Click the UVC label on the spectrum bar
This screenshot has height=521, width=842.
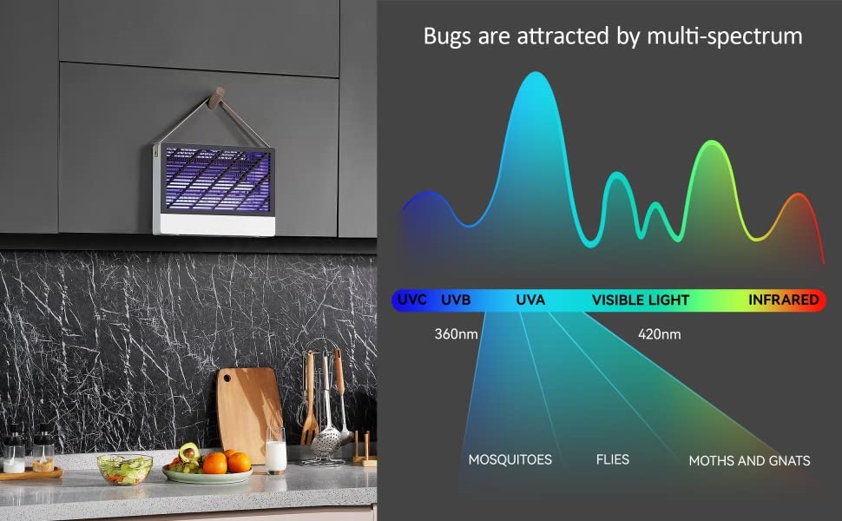pyautogui.click(x=411, y=300)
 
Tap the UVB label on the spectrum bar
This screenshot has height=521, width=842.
pyautogui.click(x=456, y=300)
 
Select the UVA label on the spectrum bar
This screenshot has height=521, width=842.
pyautogui.click(x=530, y=300)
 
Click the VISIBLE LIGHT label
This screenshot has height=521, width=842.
pyautogui.click(x=640, y=300)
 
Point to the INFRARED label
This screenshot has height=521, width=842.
pyautogui.click(x=784, y=300)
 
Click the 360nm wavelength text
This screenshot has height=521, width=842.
pyautogui.click(x=456, y=334)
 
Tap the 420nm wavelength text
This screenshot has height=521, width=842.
pyautogui.click(x=660, y=334)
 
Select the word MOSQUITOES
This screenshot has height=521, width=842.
pyautogui.click(x=510, y=459)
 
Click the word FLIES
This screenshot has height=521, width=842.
pyautogui.click(x=613, y=459)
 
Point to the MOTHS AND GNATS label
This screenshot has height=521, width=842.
pyautogui.click(x=750, y=461)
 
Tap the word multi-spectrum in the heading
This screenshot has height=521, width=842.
pyautogui.click(x=725, y=36)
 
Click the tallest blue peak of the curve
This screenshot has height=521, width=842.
pyautogui.click(x=536, y=73)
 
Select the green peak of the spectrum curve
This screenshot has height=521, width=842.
pyautogui.click(x=713, y=142)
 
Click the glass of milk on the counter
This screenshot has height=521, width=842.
pyautogui.click(x=275, y=451)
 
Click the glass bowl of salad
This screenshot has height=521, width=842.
pyautogui.click(x=125, y=469)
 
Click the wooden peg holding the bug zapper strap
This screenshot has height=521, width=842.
pyautogui.click(x=217, y=98)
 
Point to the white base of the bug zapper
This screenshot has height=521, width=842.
pyautogui.click(x=218, y=225)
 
